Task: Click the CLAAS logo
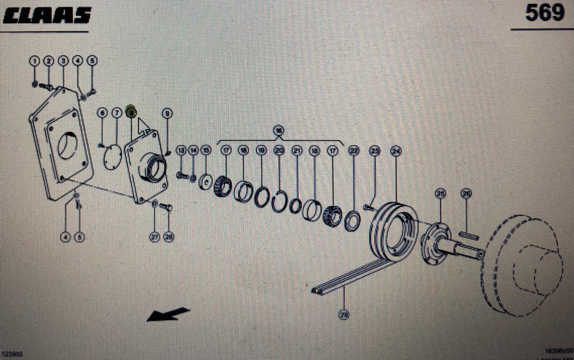tap(47, 16)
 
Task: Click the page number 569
tap(544, 13)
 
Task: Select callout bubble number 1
tap(35, 61)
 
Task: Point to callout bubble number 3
tap(63, 61)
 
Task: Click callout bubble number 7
tap(117, 114)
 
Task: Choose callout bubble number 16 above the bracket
tap(279, 130)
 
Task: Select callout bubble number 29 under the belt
tap(344, 314)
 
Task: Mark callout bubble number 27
tap(155, 237)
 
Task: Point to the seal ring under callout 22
tap(352, 221)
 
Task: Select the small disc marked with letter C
tap(206, 182)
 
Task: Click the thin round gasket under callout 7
tap(113, 157)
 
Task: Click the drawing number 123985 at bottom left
tap(13, 354)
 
